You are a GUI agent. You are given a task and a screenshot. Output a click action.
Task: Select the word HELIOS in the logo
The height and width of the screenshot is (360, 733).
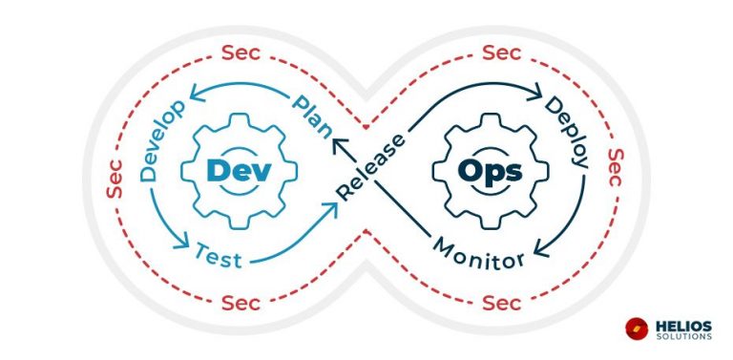coord(685,324)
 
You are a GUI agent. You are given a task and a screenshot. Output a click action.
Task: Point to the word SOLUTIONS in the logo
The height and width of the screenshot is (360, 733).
coord(684,336)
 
